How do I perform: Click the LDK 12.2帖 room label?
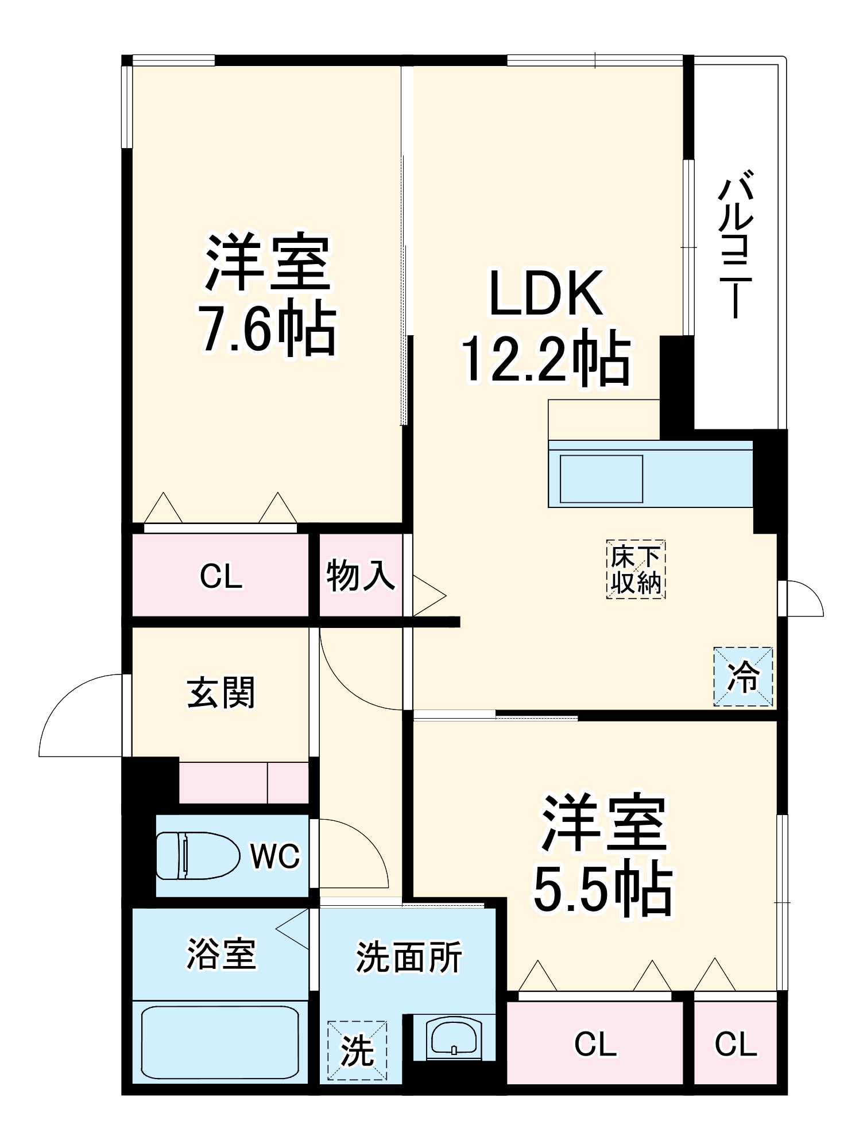point(546,325)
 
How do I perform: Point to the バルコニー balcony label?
point(736,243)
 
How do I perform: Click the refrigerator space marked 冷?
point(743,677)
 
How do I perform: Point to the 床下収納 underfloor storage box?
point(636,569)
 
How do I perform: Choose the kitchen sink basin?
point(601,479)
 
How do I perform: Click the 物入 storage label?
point(361,576)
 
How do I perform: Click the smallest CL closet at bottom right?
point(736,1044)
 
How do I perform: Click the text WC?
point(275,856)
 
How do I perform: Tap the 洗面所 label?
point(409,957)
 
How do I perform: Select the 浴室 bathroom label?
point(221,954)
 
